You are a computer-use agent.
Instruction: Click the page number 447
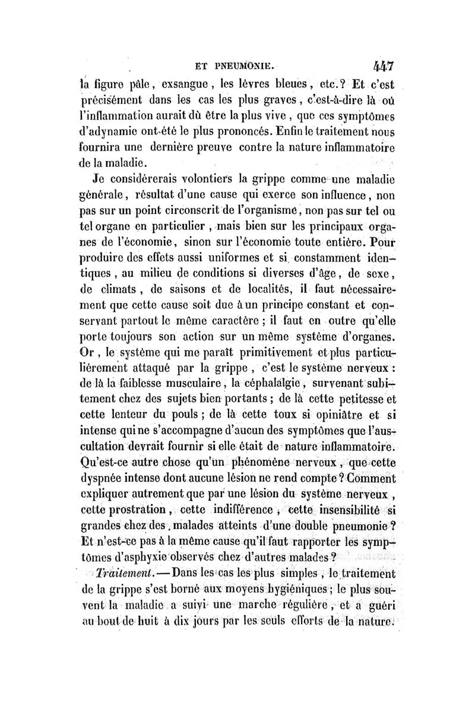384,64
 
